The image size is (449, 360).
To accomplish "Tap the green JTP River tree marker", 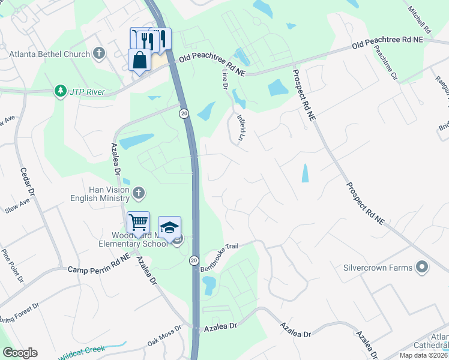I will (x=60, y=91).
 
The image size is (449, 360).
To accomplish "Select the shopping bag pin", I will (x=139, y=61).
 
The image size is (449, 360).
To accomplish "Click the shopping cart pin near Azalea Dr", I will (x=138, y=223).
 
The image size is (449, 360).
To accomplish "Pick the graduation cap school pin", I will (x=169, y=227).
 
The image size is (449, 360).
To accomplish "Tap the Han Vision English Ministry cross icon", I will (x=139, y=193).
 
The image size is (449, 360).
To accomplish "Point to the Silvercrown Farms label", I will (x=378, y=268).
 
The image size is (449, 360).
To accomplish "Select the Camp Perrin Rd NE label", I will (x=99, y=271).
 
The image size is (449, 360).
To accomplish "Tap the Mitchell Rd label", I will (x=419, y=20).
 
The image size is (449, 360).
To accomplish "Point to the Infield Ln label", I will (x=242, y=128).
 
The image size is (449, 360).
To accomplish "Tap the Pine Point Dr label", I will (x=13, y=266).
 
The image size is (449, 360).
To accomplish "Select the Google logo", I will (x=20, y=353).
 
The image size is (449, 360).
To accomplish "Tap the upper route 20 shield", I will (x=184, y=113).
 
